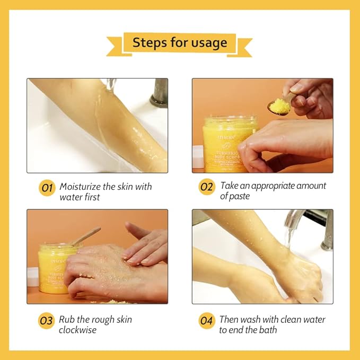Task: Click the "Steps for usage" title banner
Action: pyautogui.click(x=179, y=42)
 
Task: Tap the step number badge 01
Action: pyautogui.click(x=47, y=188)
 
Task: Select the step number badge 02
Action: pyautogui.click(x=206, y=187)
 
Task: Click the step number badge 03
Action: pyautogui.click(x=47, y=321)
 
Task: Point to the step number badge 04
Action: pyautogui.click(x=206, y=321)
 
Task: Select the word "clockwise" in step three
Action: pyautogui.click(x=78, y=330)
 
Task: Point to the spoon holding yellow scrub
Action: pyautogui.click(x=279, y=106)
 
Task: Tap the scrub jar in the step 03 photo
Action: pyautogui.click(x=53, y=268)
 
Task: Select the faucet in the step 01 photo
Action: pyautogui.click(x=159, y=93)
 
